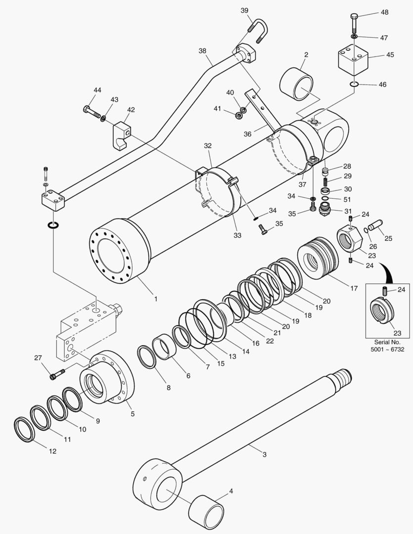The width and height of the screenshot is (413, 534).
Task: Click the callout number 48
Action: pos(384,12)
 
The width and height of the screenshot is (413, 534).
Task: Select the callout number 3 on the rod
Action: pos(265,454)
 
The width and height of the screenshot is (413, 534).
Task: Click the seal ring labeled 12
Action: pos(23,429)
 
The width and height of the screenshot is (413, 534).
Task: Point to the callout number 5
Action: pos(132,413)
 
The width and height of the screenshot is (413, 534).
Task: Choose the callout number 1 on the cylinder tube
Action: pos(156,299)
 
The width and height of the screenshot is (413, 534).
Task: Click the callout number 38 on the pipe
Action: pos(202,51)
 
